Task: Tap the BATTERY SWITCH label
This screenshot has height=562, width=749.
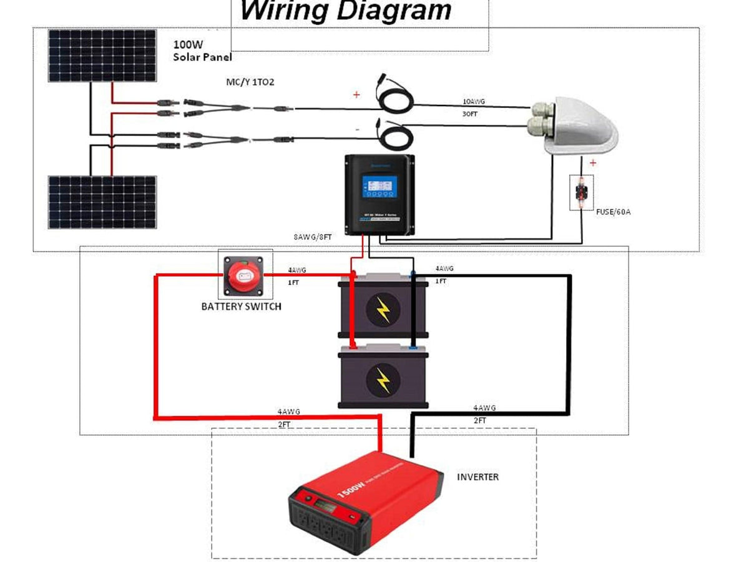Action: [x=241, y=307]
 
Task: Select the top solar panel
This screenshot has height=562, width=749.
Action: [x=102, y=56]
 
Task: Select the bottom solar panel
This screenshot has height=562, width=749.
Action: [x=102, y=202]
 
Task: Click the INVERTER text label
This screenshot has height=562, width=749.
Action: [x=477, y=477]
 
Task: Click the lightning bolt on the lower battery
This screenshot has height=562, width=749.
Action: [x=382, y=378]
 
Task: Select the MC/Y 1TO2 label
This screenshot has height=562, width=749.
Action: [x=250, y=82]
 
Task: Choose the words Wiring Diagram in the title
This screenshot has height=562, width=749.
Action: [x=345, y=11]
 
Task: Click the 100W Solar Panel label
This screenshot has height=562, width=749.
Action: [x=202, y=51]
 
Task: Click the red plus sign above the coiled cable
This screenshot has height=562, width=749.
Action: [x=356, y=95]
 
